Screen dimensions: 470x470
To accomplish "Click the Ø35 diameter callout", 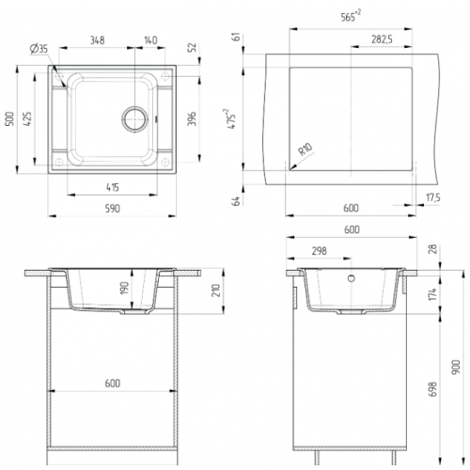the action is click(x=39, y=49).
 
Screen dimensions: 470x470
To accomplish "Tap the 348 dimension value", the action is click(x=98, y=40).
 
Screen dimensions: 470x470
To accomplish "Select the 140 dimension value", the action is click(x=150, y=40).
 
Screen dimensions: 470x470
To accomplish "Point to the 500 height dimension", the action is click(x=10, y=118).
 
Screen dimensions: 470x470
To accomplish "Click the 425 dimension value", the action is click(x=27, y=118).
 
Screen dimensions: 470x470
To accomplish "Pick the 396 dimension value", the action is click(x=192, y=118).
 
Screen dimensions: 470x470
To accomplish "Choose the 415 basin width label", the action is click(x=113, y=187).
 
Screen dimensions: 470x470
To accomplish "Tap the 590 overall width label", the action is click(x=113, y=209).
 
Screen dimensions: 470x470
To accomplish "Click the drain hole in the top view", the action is click(x=134, y=119).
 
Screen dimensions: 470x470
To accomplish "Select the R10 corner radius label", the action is click(x=305, y=149).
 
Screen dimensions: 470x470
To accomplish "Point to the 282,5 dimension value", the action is click(x=382, y=39).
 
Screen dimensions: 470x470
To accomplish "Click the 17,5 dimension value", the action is click(x=433, y=197).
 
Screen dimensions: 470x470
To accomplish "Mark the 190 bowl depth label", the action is click(x=125, y=288).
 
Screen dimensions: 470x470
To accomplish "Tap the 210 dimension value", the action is click(x=216, y=290).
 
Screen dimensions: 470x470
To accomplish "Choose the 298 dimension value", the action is click(x=320, y=251).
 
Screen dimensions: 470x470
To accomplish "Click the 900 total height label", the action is click(x=456, y=367).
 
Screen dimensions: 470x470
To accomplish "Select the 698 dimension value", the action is click(x=432, y=389).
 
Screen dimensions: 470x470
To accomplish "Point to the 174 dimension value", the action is click(x=432, y=294).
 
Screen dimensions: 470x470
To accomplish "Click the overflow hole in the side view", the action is click(x=352, y=278).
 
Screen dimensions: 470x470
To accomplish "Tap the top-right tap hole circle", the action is click(x=165, y=76).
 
